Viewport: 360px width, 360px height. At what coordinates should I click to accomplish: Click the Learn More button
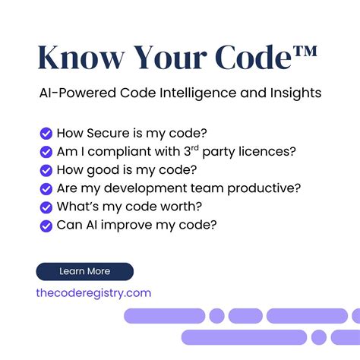click(84, 271)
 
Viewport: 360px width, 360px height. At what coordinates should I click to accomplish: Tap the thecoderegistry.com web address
click(93, 293)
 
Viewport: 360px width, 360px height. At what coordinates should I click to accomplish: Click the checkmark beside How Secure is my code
click(46, 133)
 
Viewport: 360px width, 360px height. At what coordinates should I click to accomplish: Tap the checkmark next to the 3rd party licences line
click(46, 151)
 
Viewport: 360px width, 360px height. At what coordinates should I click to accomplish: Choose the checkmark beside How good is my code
click(46, 169)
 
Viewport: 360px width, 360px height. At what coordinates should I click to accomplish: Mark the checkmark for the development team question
click(46, 188)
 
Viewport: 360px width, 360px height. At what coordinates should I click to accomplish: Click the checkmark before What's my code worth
click(46, 207)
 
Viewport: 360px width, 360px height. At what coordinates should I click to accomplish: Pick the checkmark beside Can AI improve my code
click(46, 225)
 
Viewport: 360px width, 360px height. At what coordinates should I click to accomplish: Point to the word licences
click(270, 151)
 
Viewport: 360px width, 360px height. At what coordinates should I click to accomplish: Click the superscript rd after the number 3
click(205, 147)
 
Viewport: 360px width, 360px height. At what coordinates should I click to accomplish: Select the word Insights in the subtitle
click(295, 93)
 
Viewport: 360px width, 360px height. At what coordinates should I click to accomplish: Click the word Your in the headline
click(169, 58)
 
